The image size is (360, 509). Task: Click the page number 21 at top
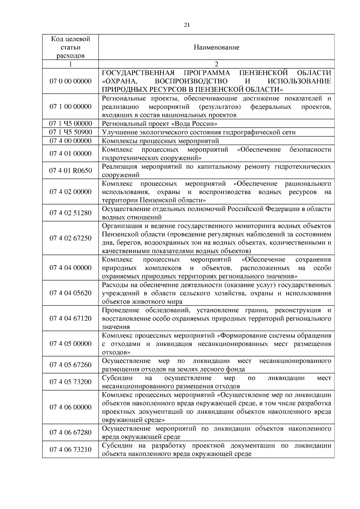tap(186, 25)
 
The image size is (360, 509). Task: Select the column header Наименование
tap(216, 47)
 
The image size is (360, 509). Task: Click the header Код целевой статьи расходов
tap(70, 47)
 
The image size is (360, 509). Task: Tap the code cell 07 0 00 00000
tap(70, 81)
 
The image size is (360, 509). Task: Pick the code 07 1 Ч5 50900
tap(70, 132)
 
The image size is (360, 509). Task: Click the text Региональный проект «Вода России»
tap(160, 124)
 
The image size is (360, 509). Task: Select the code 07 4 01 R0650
tap(70, 171)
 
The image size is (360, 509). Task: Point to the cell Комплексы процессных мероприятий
tap(160, 141)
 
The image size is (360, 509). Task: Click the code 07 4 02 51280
tap(70, 213)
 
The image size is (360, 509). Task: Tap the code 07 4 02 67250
tap(70, 238)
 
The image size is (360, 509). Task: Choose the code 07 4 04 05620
tap(70, 293)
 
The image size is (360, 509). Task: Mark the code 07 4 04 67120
tap(70, 318)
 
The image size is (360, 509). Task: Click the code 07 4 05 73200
tap(70, 382)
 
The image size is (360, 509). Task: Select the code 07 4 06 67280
tap(70, 432)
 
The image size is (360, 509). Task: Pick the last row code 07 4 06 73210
tap(70, 449)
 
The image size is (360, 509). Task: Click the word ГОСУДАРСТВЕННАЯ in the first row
tap(138, 73)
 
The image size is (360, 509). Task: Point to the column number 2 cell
tap(216, 64)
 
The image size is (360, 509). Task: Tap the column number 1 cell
tap(70, 64)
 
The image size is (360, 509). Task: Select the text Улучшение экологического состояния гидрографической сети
tap(199, 132)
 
